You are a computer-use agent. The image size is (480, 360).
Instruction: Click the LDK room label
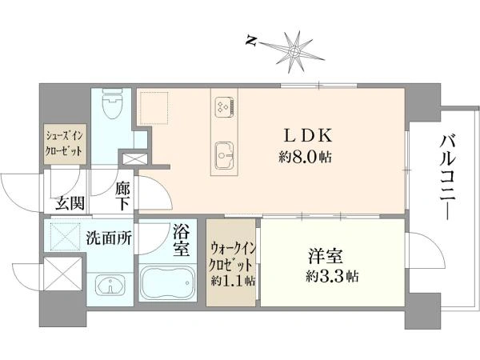tap(308, 136)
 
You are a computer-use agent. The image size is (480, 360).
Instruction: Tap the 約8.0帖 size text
tap(305, 158)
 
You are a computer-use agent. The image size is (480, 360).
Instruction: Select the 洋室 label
tap(325, 256)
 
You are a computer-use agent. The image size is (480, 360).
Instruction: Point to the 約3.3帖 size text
tap(332, 277)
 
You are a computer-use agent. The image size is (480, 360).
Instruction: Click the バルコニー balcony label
tap(448, 177)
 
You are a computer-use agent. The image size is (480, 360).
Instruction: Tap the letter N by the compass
tap(251, 41)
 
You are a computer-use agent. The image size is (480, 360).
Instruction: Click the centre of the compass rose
tap(294, 51)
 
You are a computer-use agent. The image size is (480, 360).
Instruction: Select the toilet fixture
tap(113, 104)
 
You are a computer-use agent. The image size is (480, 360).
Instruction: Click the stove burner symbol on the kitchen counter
tap(225, 108)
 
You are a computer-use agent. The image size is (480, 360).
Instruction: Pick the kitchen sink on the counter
tap(224, 155)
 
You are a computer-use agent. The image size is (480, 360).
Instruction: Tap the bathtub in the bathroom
tap(168, 282)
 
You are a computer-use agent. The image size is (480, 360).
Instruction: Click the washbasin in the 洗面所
tap(110, 285)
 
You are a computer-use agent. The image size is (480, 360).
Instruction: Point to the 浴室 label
tap(182, 241)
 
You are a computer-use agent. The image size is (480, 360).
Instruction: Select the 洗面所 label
tap(109, 238)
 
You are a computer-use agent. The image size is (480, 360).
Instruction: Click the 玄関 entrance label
tap(70, 202)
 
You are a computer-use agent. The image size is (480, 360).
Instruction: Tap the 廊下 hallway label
tap(122, 196)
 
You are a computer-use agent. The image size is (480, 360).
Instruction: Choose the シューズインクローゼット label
tap(64, 143)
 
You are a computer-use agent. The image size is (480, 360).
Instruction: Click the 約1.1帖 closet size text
tap(234, 281)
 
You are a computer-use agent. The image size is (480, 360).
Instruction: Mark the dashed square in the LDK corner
tap(154, 108)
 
